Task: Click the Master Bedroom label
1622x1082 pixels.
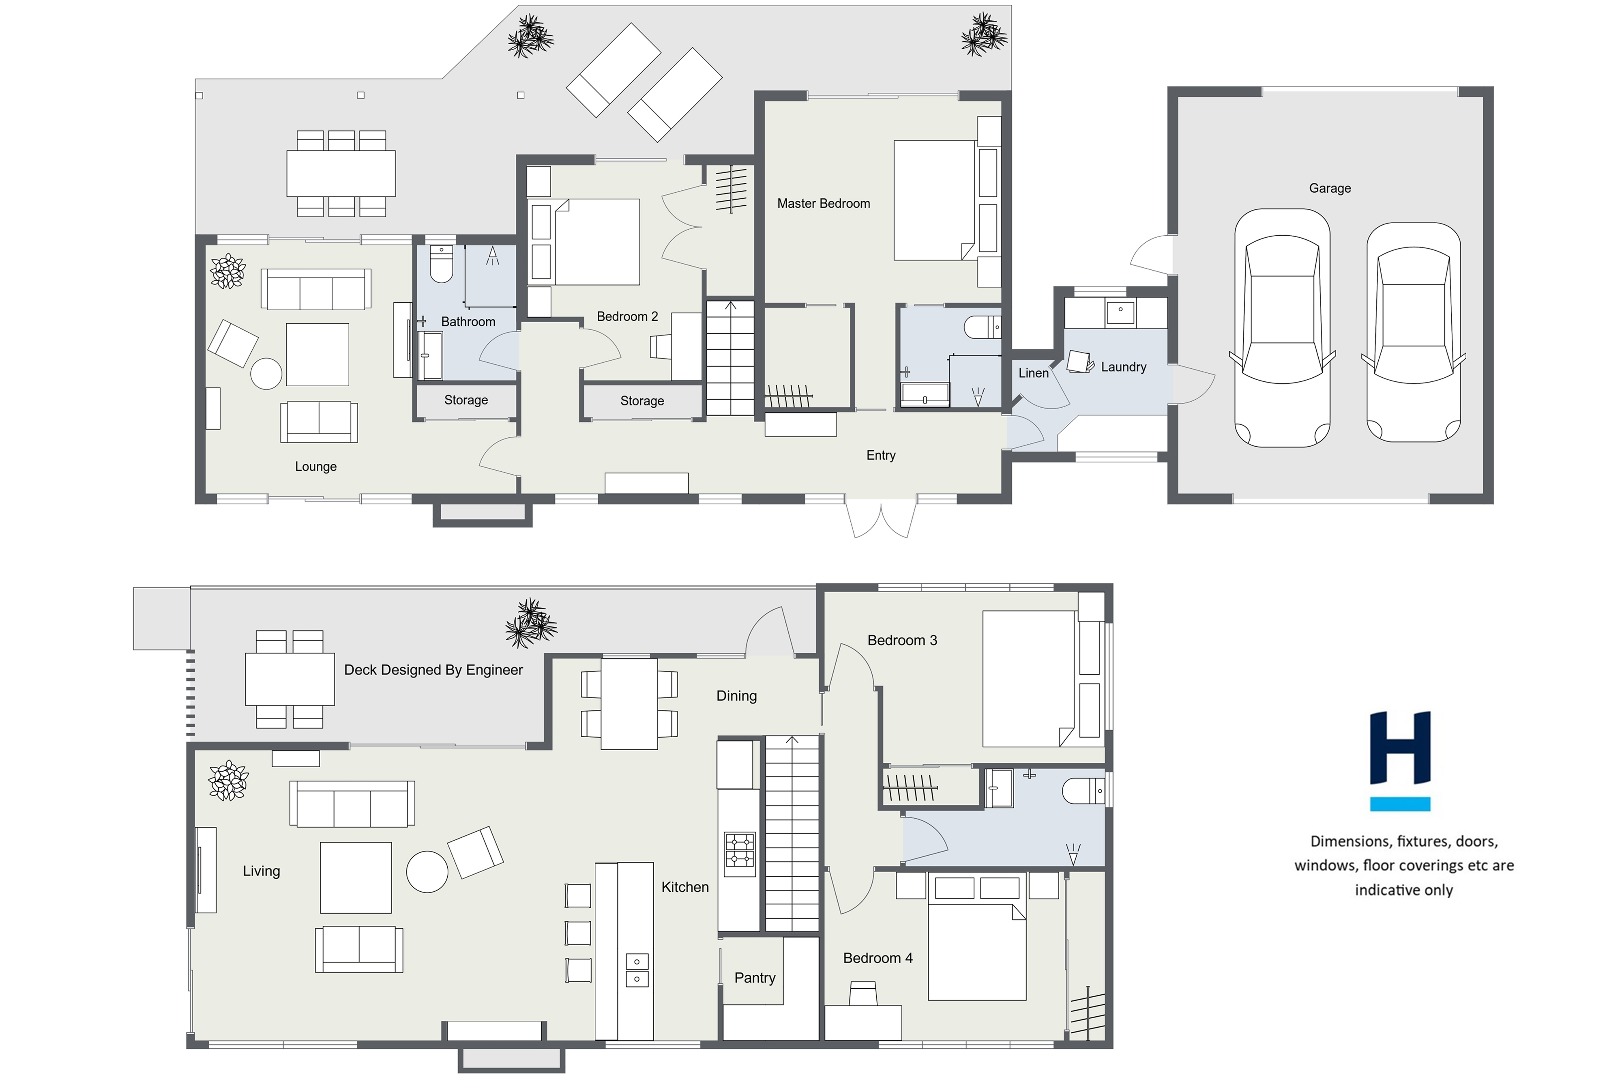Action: pos(824,204)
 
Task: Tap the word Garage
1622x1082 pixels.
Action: pos(1330,188)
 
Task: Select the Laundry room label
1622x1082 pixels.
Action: pos(1123,367)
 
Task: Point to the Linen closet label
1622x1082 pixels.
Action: pos(1033,373)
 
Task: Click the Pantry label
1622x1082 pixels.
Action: pos(755,978)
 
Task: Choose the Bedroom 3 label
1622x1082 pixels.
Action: pos(902,640)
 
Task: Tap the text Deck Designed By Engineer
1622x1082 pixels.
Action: pos(433,670)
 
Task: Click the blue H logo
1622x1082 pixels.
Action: pos(1400,760)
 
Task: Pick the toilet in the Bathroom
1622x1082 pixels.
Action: pos(441,264)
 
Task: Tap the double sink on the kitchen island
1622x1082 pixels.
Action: pos(637,970)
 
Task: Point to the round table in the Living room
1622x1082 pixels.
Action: pos(427,871)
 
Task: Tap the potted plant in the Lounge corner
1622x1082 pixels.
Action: pos(227,271)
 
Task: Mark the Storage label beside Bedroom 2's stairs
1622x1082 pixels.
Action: pos(642,401)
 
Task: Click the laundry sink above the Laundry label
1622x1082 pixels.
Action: pos(1121,312)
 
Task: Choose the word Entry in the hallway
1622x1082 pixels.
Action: pos(881,456)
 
